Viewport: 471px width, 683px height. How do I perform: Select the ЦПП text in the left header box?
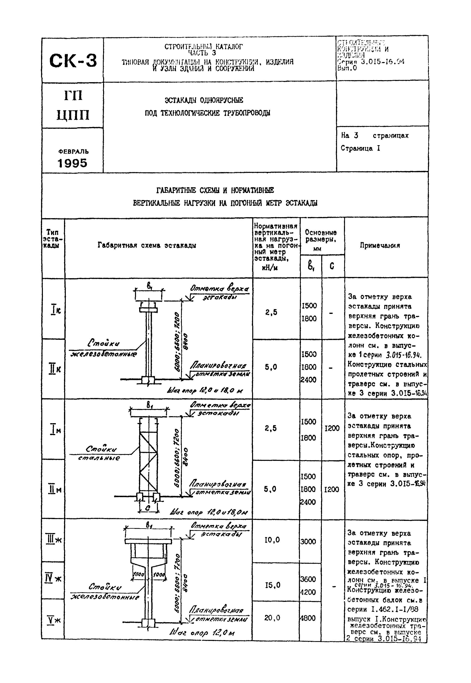coord(73,115)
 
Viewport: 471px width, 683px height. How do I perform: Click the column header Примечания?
coord(380,245)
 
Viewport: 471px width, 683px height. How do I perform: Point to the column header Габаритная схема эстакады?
coord(147,245)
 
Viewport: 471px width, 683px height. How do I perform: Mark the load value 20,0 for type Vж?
coord(272,618)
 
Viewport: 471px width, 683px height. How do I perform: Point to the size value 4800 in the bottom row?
coord(308,618)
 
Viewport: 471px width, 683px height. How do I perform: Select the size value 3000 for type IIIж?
coord(308,542)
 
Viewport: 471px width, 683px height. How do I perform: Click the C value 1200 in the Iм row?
coord(332,428)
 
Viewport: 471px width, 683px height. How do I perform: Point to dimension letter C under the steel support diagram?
coord(148,508)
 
